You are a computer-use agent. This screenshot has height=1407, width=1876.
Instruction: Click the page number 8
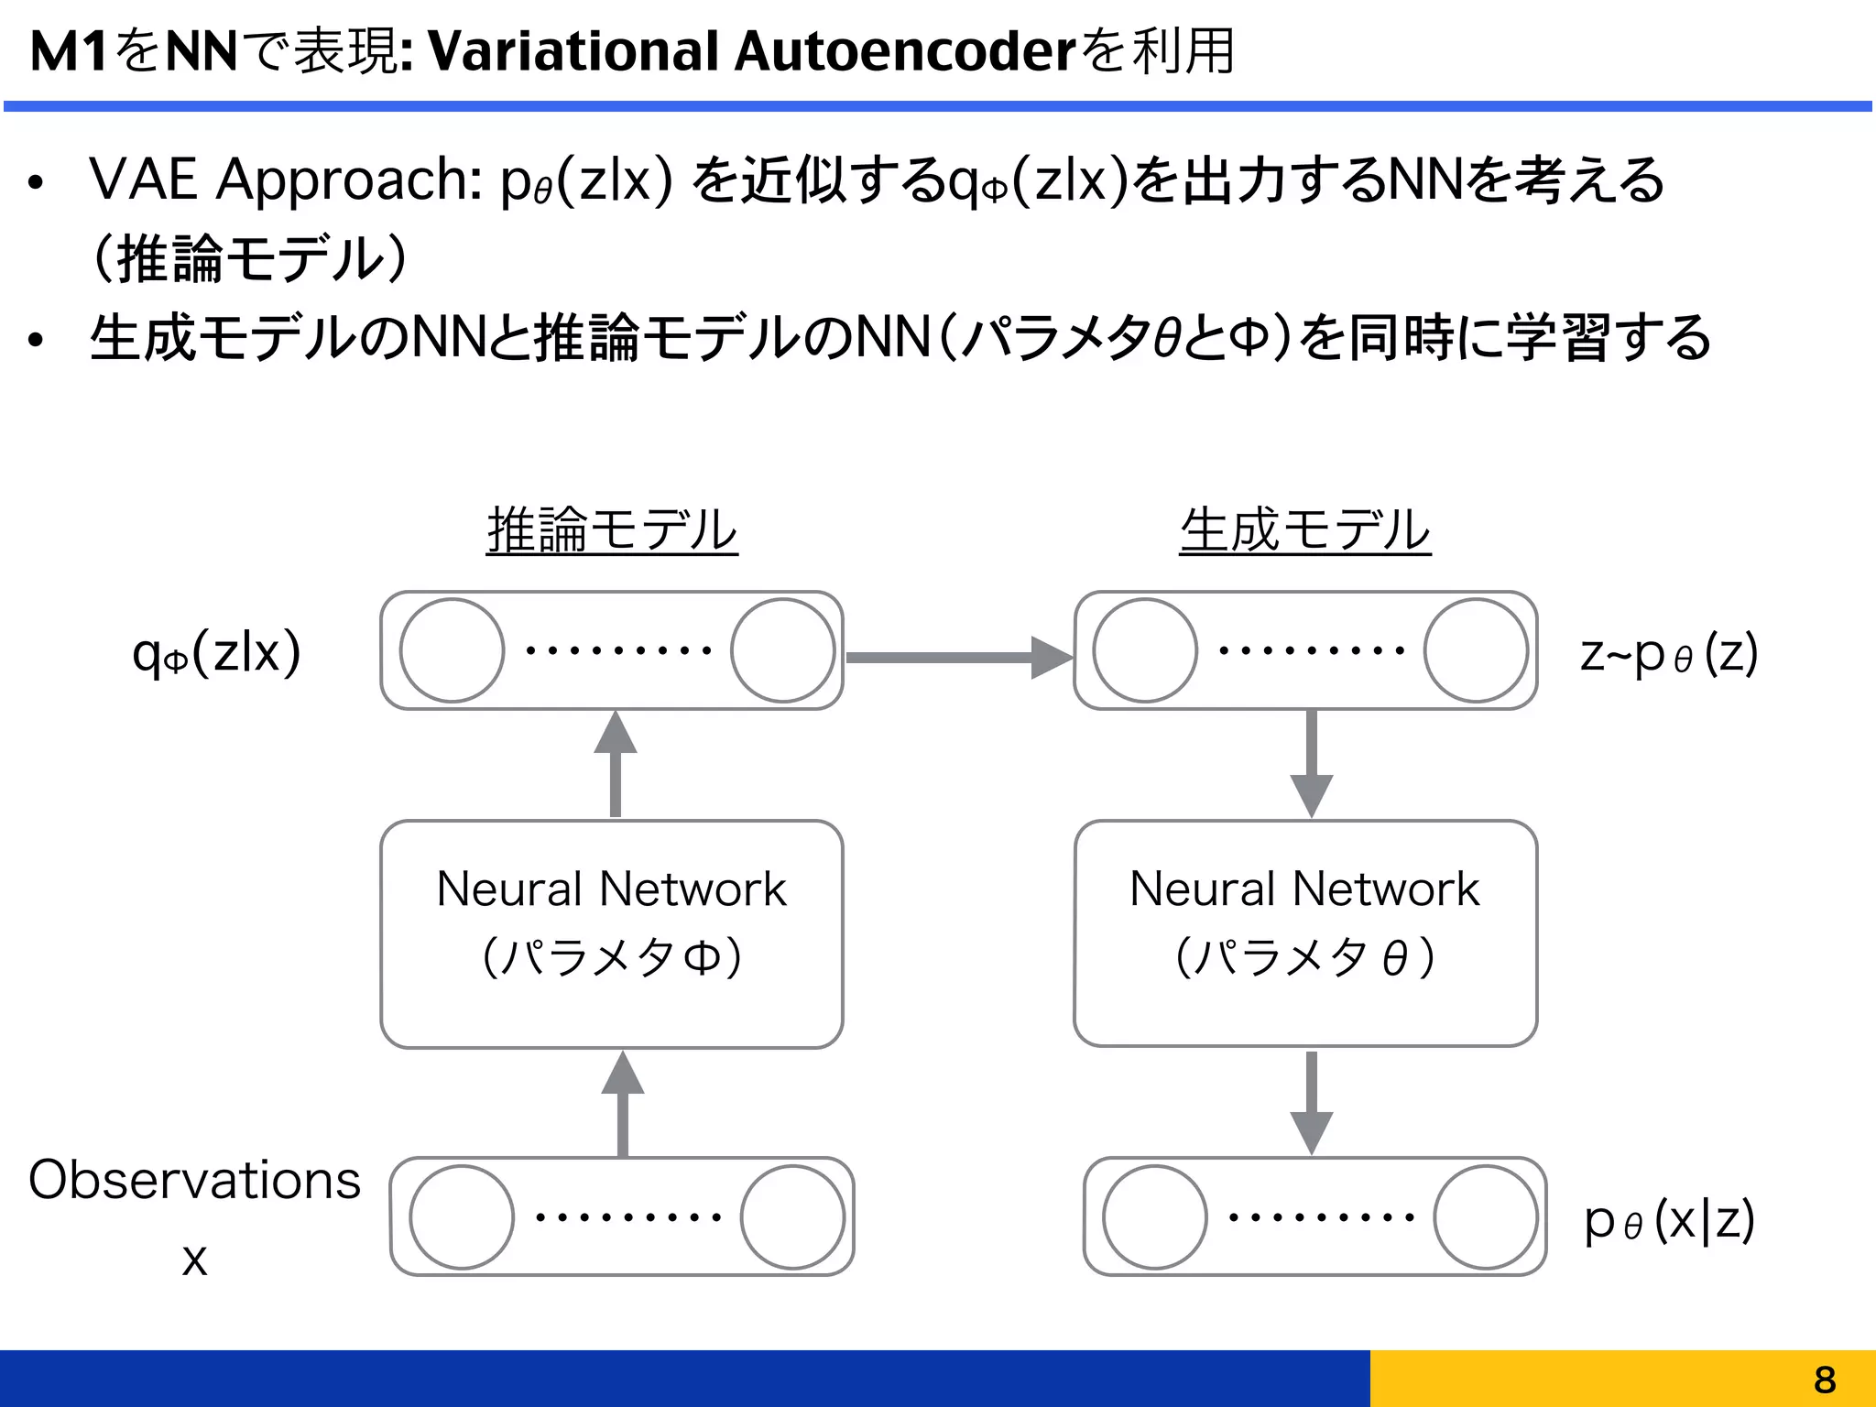click(x=1824, y=1379)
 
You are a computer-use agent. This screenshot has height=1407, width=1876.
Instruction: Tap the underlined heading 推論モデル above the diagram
click(x=612, y=530)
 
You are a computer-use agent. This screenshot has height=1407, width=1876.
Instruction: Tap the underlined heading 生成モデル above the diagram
click(x=1304, y=530)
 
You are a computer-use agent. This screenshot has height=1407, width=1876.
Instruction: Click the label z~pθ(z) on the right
click(x=1668, y=654)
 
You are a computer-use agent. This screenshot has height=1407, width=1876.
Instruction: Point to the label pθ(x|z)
click(x=1668, y=1220)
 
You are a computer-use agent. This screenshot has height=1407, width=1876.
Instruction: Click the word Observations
click(x=194, y=1180)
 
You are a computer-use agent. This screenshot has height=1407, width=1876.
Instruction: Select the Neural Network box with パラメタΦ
click(x=612, y=933)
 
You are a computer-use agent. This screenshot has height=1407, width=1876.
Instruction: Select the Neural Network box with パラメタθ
click(x=1304, y=933)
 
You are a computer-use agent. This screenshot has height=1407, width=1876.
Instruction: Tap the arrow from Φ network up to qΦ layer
click(x=616, y=765)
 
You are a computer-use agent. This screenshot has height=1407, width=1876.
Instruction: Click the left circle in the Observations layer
click(x=462, y=1216)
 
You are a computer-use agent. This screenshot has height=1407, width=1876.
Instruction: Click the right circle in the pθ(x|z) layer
click(x=1485, y=1216)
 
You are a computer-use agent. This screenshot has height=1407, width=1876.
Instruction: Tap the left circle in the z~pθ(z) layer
click(x=1145, y=650)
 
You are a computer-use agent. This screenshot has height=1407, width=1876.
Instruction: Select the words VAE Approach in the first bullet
click(x=285, y=179)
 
